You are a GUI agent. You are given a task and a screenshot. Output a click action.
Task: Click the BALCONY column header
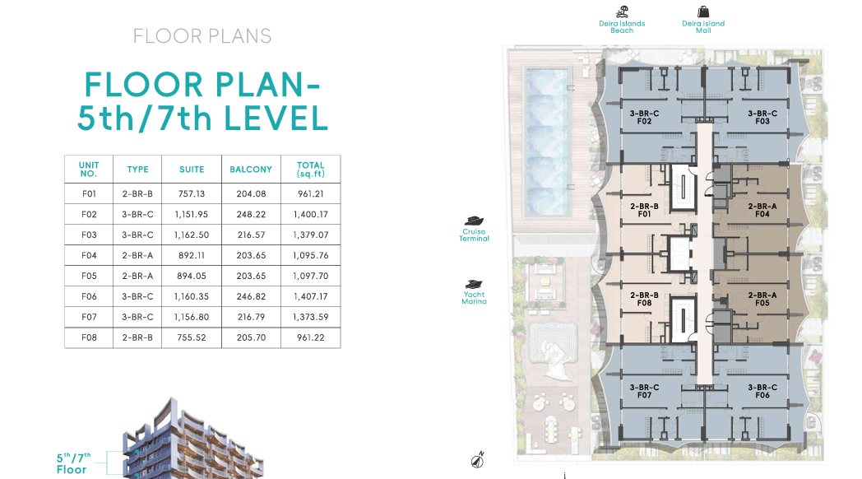(x=251, y=170)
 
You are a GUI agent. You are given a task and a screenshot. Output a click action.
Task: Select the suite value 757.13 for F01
(x=192, y=193)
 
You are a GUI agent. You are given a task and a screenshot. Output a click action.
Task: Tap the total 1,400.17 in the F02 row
(x=311, y=215)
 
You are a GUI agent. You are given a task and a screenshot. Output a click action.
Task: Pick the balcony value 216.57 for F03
(x=251, y=235)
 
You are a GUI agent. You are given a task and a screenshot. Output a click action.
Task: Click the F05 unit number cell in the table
(x=89, y=276)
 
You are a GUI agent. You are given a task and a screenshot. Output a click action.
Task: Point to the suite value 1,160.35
(x=192, y=296)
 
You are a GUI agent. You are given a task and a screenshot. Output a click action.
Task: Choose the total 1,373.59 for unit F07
(x=311, y=317)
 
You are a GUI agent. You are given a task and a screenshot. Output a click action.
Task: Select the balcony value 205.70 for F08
(x=251, y=337)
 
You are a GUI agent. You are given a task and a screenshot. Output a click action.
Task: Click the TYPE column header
(x=137, y=170)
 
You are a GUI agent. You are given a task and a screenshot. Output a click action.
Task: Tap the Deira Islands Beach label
(x=622, y=27)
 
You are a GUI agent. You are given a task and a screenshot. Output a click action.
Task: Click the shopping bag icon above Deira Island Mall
(x=703, y=12)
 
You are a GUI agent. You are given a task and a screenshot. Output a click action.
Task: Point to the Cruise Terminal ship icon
(x=474, y=221)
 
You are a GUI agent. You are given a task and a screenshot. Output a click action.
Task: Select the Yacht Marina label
(x=474, y=298)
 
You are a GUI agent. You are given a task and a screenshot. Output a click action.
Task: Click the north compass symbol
(x=477, y=460)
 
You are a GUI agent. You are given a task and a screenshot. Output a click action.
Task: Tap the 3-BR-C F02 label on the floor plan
(x=644, y=117)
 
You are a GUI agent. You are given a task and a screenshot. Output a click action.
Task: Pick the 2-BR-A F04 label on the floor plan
(x=762, y=210)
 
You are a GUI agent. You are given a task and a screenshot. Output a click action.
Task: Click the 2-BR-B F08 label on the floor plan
(x=644, y=299)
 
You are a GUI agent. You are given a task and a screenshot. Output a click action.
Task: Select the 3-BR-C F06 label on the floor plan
(x=762, y=391)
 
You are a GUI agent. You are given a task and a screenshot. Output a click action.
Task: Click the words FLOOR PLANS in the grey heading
(x=202, y=36)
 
